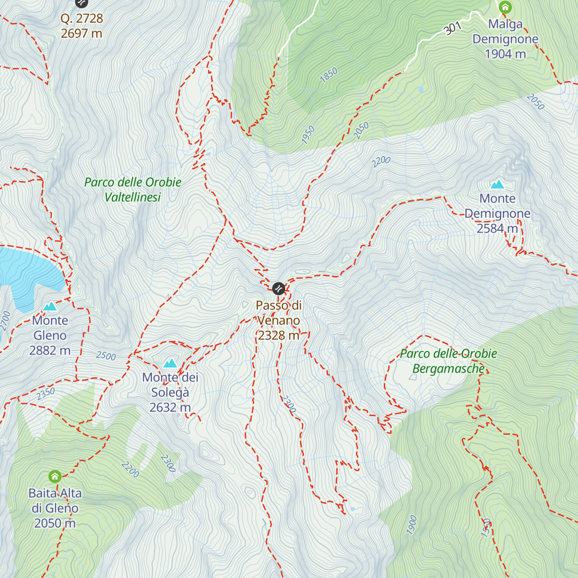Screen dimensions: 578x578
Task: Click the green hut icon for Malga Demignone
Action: click(x=505, y=7)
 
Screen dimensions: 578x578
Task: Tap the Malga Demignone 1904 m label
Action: click(x=505, y=39)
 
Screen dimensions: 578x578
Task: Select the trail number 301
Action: click(x=453, y=28)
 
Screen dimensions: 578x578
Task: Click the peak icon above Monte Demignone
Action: click(x=497, y=184)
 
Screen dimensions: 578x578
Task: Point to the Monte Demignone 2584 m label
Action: click(x=498, y=213)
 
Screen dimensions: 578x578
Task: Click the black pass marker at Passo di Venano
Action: click(x=278, y=289)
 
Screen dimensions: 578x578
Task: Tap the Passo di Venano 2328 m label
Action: click(x=279, y=320)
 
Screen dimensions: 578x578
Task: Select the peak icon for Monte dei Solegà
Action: click(x=170, y=363)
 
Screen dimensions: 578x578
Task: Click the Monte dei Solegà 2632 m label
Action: click(x=170, y=392)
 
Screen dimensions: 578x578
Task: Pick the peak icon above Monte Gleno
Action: click(x=50, y=306)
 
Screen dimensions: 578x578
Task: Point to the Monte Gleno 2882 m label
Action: click(x=50, y=335)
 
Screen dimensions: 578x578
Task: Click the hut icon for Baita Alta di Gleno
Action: click(x=55, y=477)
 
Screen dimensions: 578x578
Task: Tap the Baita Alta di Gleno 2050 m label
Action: click(x=55, y=508)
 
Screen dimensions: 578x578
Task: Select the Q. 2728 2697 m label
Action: click(x=82, y=26)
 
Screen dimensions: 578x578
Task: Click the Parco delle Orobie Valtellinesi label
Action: click(x=133, y=189)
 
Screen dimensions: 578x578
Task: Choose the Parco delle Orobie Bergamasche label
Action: click(x=448, y=361)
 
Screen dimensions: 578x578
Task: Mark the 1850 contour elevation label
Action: click(x=329, y=75)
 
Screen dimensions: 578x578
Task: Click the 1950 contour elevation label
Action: click(x=308, y=134)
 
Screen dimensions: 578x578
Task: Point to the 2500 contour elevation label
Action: click(x=106, y=356)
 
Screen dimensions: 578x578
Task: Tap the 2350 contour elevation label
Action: click(x=46, y=394)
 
